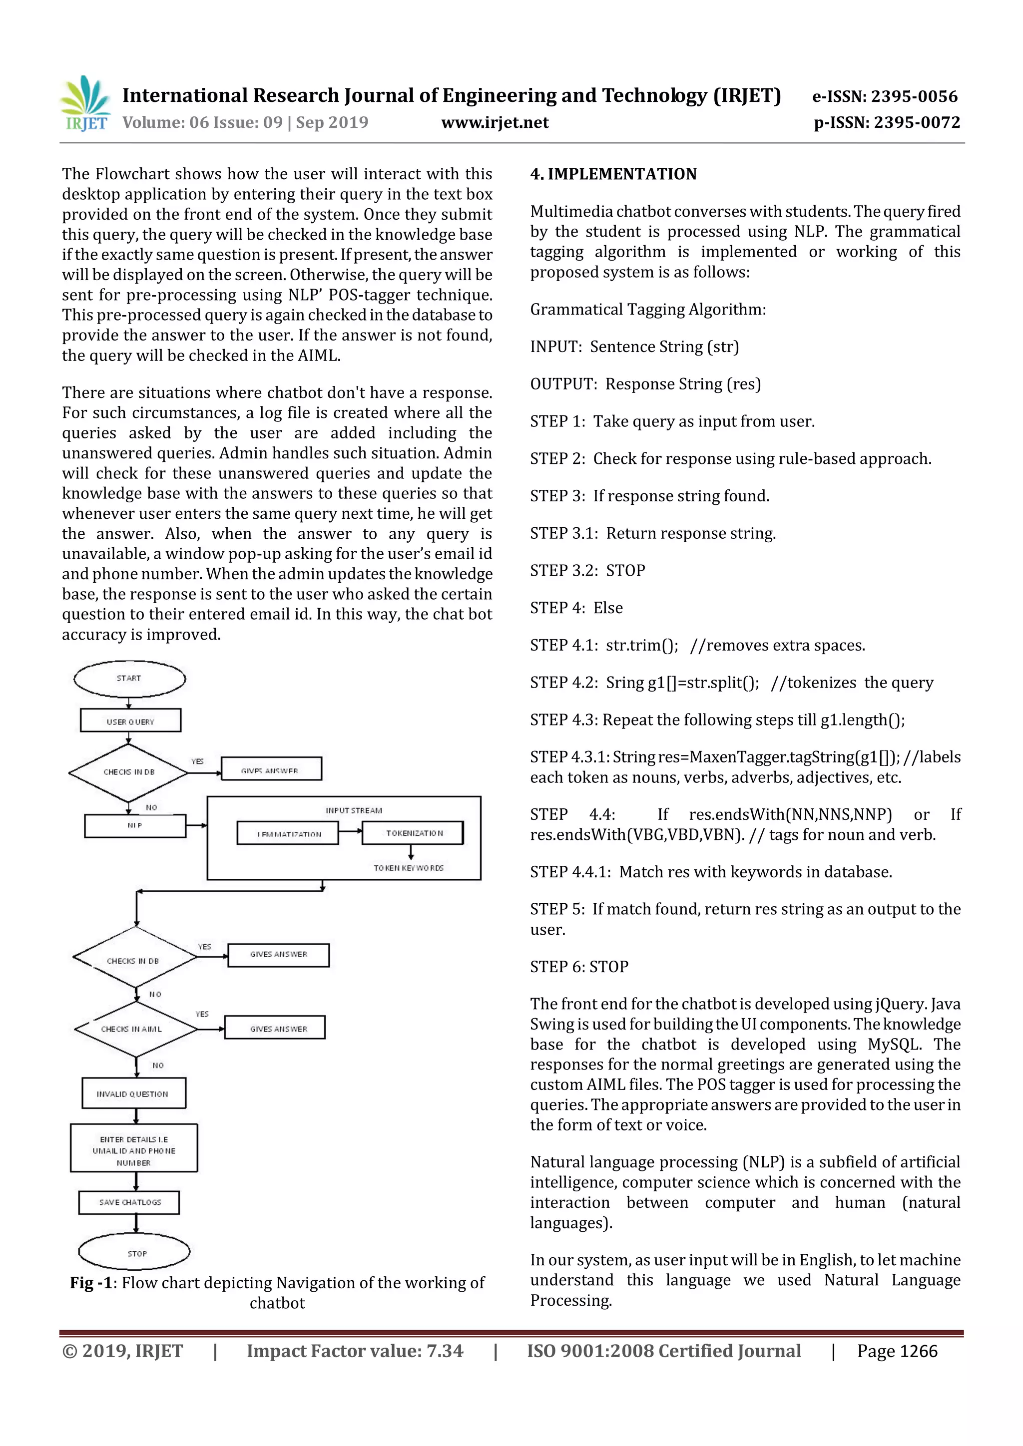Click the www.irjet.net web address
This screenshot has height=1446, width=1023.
[x=495, y=122]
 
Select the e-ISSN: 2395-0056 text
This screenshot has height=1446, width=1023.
[x=885, y=96]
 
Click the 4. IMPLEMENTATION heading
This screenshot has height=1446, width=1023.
[x=613, y=174]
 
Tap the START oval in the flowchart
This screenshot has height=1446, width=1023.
[x=130, y=678]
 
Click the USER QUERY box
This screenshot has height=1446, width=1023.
[x=130, y=721]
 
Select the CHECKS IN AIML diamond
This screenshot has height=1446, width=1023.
[x=135, y=1029]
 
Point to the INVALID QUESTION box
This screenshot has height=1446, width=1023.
[x=133, y=1093]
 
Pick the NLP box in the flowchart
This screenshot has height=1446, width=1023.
[x=135, y=826]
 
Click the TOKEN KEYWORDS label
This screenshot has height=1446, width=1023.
[x=408, y=868]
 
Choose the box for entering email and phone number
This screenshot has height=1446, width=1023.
[x=133, y=1150]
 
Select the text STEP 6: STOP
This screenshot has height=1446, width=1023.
[x=579, y=966]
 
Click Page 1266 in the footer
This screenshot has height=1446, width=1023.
[x=897, y=1351]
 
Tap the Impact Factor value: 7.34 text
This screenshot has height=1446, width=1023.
[x=355, y=1351]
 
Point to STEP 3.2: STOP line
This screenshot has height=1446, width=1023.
[x=587, y=571]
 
